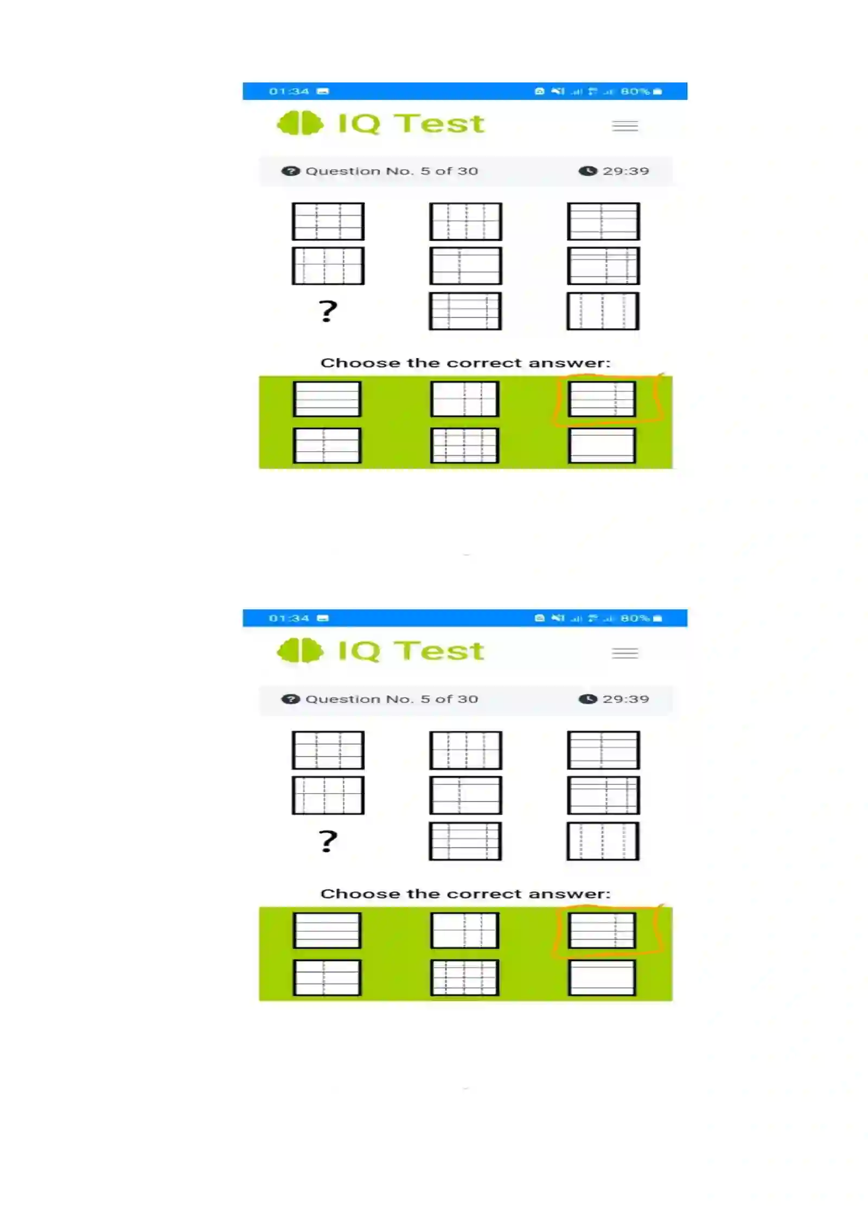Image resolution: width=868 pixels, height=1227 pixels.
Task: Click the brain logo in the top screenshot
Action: tap(299, 123)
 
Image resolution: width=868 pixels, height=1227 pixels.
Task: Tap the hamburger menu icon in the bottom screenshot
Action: tap(625, 653)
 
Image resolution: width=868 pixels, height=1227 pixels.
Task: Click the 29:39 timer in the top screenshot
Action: tap(626, 171)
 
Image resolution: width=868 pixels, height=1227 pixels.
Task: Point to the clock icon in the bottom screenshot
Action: tap(588, 699)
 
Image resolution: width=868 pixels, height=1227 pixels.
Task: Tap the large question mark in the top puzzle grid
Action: tap(328, 311)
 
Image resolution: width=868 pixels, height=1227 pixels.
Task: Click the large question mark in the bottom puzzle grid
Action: tap(328, 841)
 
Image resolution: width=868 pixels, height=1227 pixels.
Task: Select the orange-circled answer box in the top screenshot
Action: tap(602, 399)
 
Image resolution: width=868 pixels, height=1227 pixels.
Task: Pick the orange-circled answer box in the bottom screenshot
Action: tap(602, 930)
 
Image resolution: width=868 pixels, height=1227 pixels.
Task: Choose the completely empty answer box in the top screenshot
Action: tap(602, 446)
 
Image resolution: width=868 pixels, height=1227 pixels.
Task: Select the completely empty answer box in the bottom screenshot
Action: tap(602, 977)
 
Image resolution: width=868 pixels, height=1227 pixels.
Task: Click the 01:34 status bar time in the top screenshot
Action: tap(289, 91)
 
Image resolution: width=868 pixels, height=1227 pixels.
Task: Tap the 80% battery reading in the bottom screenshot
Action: tap(635, 618)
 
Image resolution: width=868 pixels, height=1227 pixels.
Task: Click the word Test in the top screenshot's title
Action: tap(439, 124)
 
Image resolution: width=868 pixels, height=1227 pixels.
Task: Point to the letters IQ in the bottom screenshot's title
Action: tap(359, 651)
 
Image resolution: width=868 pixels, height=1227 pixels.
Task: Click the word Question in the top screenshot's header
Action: tap(343, 171)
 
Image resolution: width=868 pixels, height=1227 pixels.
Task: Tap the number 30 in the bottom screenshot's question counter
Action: tap(467, 699)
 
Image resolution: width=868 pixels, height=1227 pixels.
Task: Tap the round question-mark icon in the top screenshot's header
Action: tap(290, 171)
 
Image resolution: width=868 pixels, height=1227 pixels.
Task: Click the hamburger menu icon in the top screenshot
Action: tap(625, 126)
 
